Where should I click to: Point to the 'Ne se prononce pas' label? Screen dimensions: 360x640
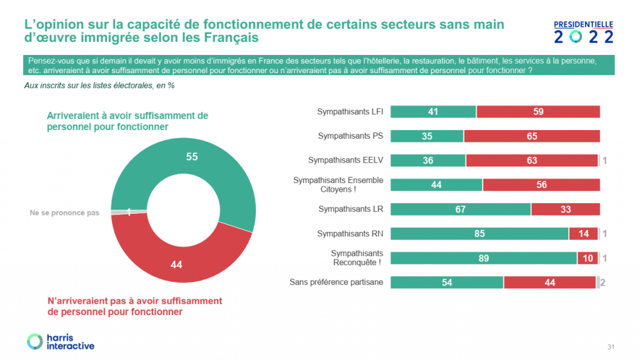point(64,213)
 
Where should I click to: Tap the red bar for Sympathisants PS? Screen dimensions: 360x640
point(532,136)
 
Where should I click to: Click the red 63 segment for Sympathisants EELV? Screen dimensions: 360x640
point(532,160)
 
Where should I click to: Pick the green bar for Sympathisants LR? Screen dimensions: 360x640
point(461,209)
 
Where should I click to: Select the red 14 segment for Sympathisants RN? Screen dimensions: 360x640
point(583,234)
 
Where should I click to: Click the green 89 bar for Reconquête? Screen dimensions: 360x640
point(484,258)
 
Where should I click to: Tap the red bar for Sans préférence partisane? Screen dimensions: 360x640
point(550,282)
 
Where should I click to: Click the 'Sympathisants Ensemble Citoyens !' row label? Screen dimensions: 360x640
point(339,184)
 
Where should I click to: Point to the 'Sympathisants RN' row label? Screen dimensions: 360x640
point(351,234)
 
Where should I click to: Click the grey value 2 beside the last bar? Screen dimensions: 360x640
point(603,283)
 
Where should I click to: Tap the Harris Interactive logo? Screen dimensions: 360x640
point(61,341)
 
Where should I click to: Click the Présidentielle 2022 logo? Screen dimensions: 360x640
point(584,32)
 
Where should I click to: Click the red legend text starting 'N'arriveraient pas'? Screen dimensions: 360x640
point(134,306)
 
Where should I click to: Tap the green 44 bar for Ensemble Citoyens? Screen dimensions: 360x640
point(437,184)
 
